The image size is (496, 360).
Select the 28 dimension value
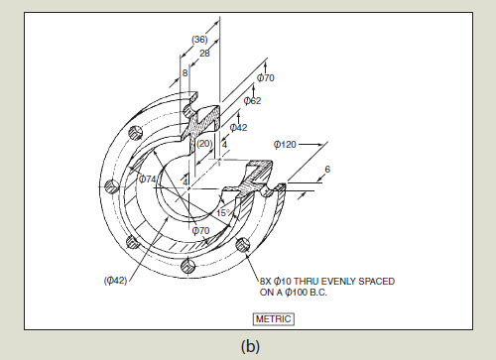click(204, 53)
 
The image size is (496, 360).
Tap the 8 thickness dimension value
click(186, 73)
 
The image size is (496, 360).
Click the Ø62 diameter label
click(252, 100)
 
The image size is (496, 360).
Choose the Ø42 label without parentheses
click(239, 127)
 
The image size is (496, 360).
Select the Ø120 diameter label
click(285, 145)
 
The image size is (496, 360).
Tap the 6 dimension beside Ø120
click(327, 169)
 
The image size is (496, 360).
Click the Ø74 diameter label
click(148, 179)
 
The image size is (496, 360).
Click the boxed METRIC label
click(274, 318)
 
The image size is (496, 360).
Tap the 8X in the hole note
click(267, 281)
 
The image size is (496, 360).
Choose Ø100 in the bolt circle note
click(310, 293)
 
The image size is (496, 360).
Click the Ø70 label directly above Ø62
click(266, 77)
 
